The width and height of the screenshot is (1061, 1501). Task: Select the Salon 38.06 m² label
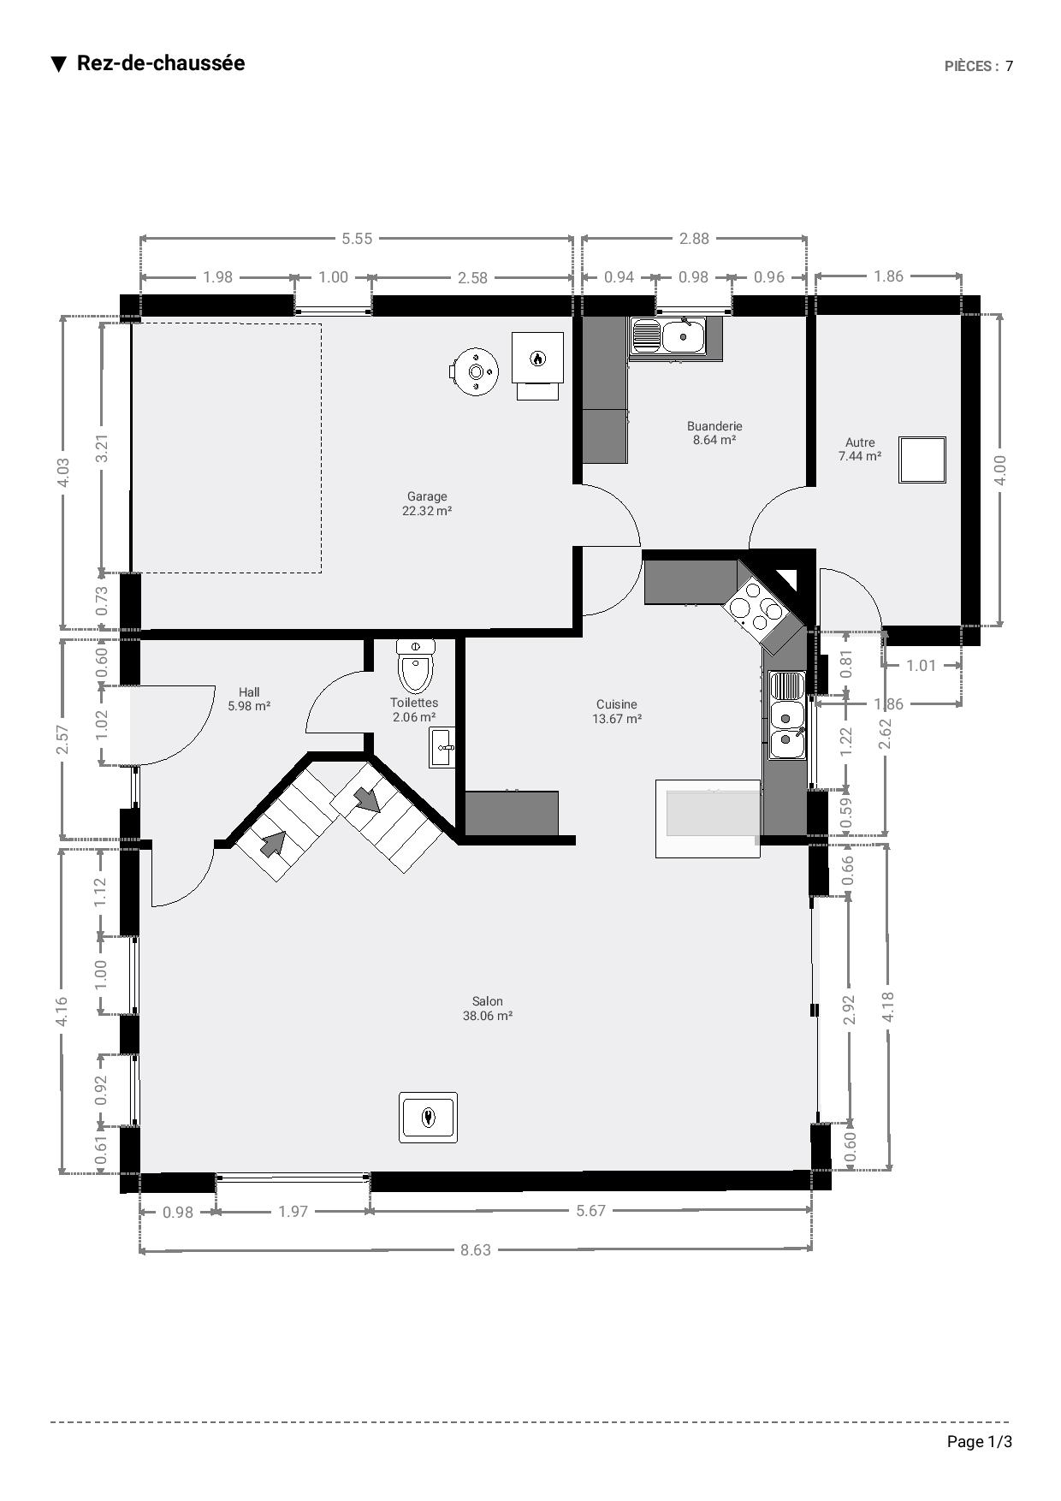[488, 1008]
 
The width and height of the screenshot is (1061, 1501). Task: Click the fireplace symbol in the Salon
[428, 1117]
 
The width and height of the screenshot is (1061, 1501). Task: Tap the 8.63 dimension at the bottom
[476, 1249]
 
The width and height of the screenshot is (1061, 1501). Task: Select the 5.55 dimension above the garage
[357, 238]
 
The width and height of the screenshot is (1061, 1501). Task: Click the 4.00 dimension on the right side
[1000, 470]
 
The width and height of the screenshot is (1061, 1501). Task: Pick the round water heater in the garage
[474, 371]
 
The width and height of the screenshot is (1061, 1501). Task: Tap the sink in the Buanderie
[667, 335]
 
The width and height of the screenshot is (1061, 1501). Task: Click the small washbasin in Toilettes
[442, 748]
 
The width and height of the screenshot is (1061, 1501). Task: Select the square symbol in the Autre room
[922, 460]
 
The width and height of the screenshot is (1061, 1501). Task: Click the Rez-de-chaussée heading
[161, 63]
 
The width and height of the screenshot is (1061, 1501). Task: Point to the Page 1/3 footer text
[980, 1442]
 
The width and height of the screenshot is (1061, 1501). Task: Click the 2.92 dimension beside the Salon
[849, 1010]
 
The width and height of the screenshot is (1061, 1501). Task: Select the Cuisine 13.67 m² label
[617, 711]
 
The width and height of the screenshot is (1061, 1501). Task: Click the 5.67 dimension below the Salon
[590, 1210]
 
